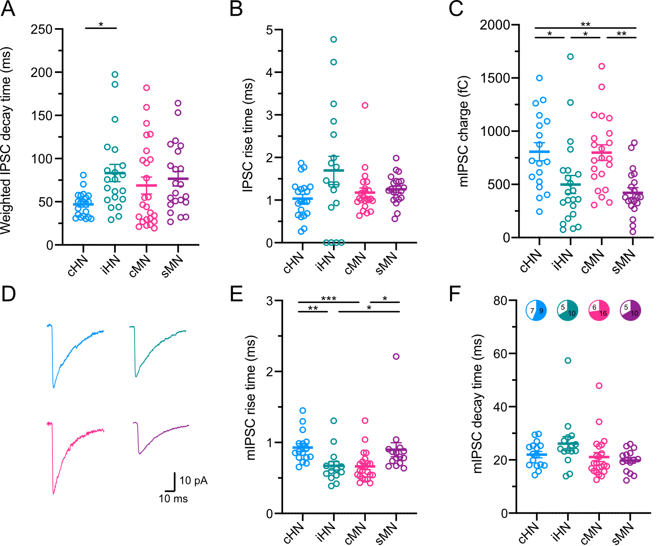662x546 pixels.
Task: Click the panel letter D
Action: tap(8, 294)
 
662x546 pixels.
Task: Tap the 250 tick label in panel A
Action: tap(42, 29)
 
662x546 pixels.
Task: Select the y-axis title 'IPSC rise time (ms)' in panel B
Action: tap(248, 136)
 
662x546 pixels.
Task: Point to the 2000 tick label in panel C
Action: tap(495, 25)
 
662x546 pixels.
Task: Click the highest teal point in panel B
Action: tap(334, 39)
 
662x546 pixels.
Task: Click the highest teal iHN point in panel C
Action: tap(570, 56)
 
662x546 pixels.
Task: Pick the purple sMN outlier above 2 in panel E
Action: tap(396, 356)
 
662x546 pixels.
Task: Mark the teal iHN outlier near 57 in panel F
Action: tap(568, 361)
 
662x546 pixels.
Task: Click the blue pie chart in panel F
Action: tap(536, 311)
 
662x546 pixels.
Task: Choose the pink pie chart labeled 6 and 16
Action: tap(599, 311)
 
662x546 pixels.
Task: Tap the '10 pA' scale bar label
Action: tap(193, 481)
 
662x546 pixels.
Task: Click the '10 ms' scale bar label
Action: tap(173, 499)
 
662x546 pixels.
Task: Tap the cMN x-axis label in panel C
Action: tap(593, 261)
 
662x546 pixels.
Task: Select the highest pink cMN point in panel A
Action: tap(146, 87)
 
